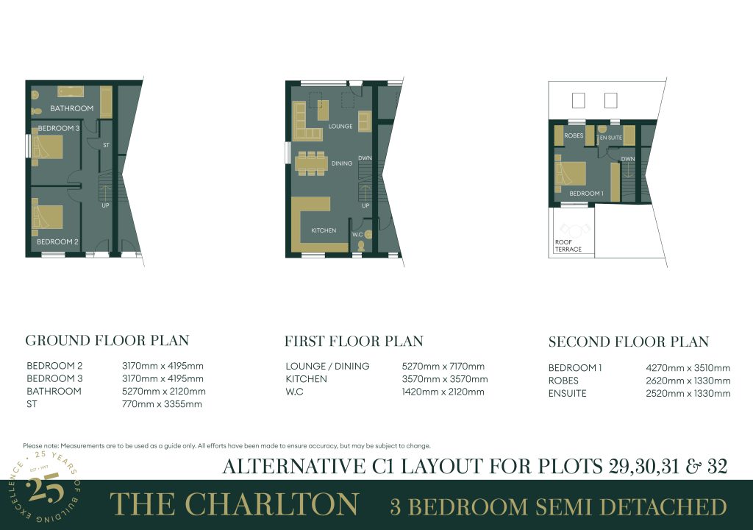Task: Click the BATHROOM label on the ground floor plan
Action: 71,108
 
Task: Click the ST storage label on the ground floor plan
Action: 106,145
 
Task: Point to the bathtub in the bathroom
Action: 71,92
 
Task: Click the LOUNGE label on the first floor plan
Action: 340,126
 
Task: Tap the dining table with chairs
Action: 311,163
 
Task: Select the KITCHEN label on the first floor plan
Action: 324,230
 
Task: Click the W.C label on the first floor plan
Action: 358,235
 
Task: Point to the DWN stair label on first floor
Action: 365,158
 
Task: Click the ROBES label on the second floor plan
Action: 574,135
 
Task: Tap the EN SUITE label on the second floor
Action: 611,138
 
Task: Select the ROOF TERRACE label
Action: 568,246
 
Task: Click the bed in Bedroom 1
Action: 571,174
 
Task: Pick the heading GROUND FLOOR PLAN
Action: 107,341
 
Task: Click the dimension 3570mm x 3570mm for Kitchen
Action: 445,379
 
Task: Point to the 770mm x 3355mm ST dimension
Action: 162,404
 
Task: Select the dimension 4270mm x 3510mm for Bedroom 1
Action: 688,368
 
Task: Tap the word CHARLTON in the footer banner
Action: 271,504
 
